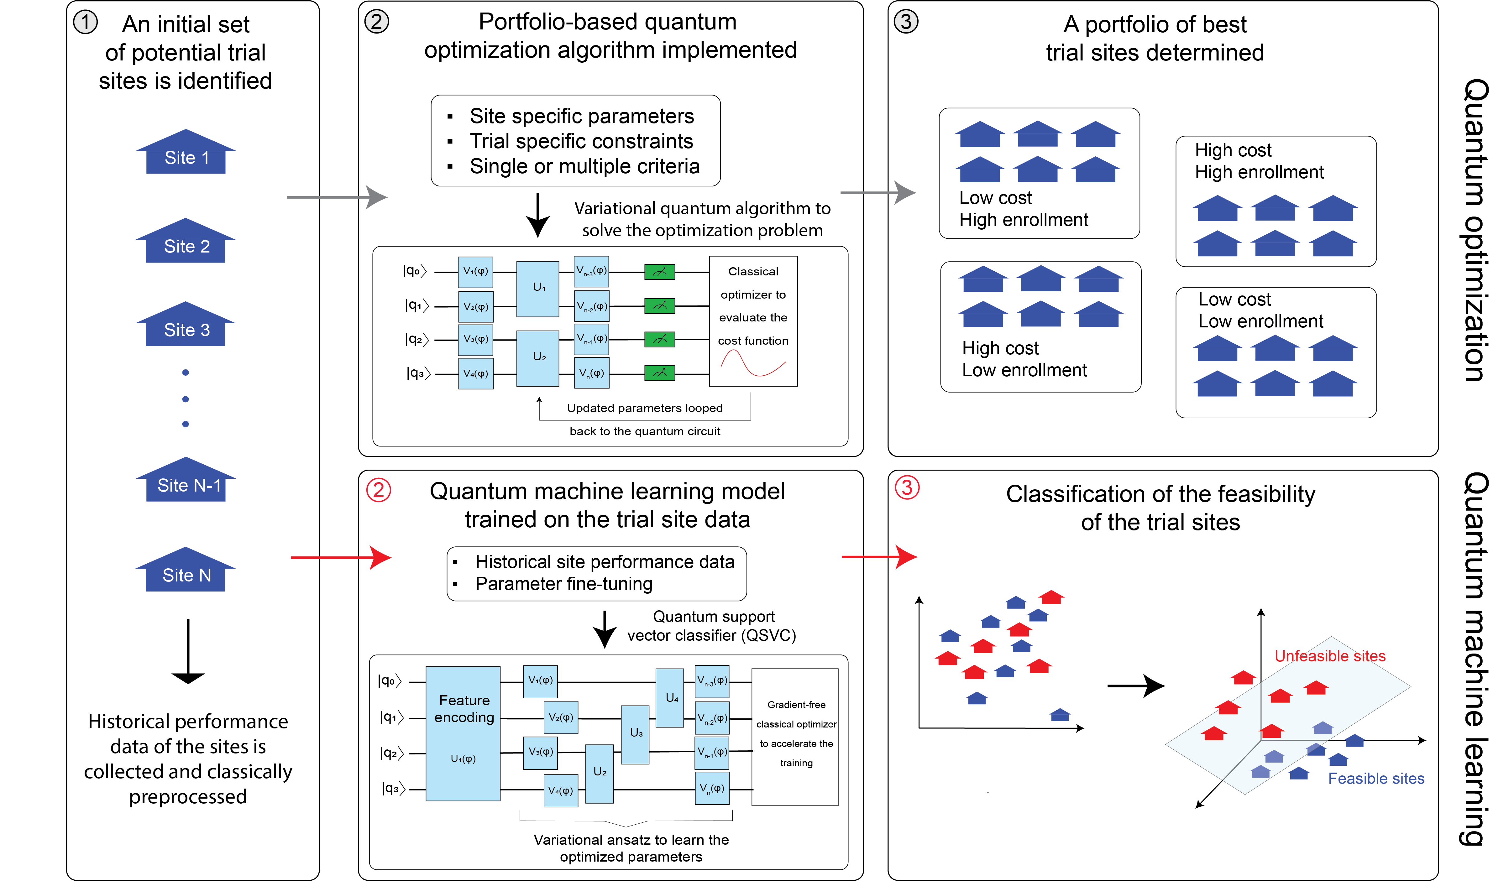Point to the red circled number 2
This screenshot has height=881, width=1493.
pos(378,490)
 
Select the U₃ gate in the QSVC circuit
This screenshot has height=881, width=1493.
pos(635,734)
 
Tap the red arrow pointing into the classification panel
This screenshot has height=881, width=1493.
pos(879,557)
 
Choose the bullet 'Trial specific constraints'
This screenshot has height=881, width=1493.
pos(581,141)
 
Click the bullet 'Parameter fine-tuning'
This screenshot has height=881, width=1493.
pos(563,584)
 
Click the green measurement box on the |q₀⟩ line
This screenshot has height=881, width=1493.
pos(659,272)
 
